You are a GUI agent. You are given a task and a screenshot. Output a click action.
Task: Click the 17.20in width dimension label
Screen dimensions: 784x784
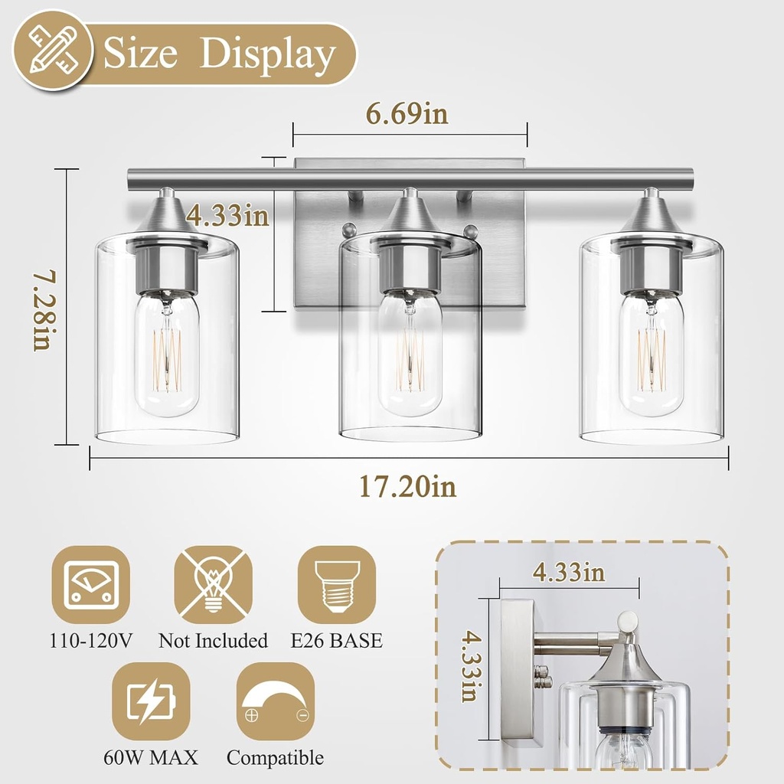click(408, 486)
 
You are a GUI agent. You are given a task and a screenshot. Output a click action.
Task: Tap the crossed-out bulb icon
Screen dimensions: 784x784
click(213, 585)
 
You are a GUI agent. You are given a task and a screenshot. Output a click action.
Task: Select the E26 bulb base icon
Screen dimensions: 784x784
click(336, 585)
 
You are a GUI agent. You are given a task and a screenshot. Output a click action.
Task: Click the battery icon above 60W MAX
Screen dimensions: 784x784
click(151, 701)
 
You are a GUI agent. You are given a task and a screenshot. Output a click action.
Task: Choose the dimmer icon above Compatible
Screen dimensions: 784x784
click(276, 701)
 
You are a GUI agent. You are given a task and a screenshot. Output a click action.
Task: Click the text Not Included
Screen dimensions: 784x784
click(213, 641)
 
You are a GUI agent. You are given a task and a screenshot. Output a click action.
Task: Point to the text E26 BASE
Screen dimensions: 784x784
click(336, 641)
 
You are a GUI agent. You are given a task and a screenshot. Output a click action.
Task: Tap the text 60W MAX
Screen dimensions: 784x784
click(151, 758)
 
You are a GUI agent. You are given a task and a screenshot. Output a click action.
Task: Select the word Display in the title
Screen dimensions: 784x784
click(268, 55)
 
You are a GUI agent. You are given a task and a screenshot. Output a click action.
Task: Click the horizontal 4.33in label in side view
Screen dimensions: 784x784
click(570, 572)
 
